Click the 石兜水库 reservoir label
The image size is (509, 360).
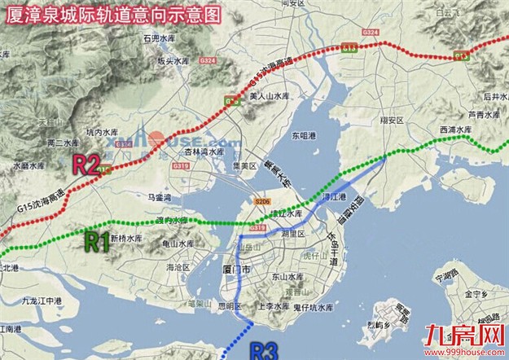(160, 38)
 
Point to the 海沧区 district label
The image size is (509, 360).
(178, 266)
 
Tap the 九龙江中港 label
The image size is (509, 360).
(43, 301)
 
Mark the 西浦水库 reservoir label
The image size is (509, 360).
(455, 129)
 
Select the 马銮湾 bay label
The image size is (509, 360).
(159, 196)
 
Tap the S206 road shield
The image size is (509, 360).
(261, 201)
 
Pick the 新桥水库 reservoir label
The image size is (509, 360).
(126, 238)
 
